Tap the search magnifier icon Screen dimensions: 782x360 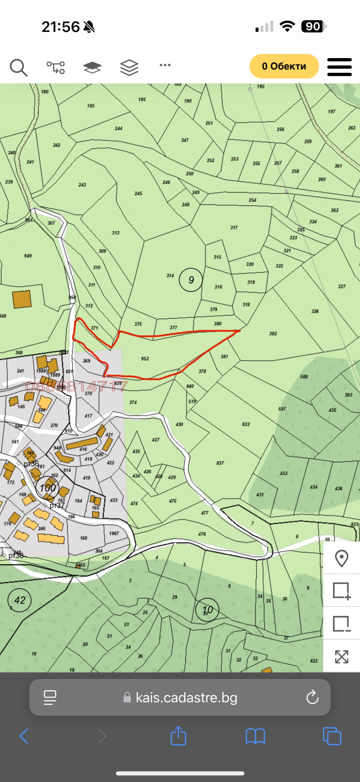pos(18,67)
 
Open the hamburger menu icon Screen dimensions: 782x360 pos(339,67)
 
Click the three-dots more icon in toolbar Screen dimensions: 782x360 pos(165,65)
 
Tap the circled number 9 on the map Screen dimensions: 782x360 pos(191,280)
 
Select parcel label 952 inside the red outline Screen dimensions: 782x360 pos(145,359)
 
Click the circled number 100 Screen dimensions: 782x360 pos(48,488)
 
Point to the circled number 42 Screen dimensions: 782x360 pos(20,600)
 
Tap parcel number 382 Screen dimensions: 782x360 pos(273,334)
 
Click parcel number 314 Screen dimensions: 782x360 pos(170,276)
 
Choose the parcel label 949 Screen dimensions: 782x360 pos(28,256)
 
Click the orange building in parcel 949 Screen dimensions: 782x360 pos(22,299)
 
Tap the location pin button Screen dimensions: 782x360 pos(342,558)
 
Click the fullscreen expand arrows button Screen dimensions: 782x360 pos(342,656)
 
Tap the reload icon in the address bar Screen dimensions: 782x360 pos(312,697)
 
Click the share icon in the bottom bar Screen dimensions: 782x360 pos(178,736)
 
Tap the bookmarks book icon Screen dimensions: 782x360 pos(255,737)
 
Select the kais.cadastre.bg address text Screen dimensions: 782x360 pos(186,698)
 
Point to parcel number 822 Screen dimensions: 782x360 pos(246,424)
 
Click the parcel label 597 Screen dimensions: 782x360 pos(282,409)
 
